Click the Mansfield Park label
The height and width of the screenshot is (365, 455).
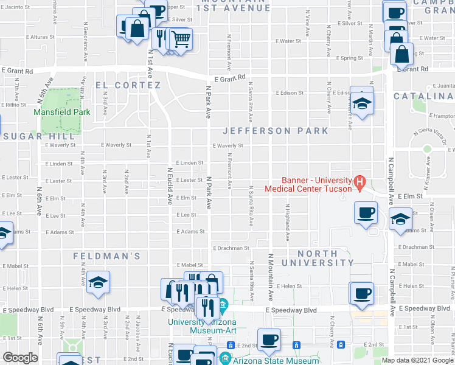coord(62,112)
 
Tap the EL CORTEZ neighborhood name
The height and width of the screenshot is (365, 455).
coord(128,85)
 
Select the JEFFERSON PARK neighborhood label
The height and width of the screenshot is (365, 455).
coord(275,131)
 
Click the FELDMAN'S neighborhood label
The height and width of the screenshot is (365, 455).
coord(107,256)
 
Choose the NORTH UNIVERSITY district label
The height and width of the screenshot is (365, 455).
coord(318,257)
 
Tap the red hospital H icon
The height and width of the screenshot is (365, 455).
coord(359,181)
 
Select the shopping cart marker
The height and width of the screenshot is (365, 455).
coord(181,40)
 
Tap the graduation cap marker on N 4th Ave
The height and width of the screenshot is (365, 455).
coord(97,282)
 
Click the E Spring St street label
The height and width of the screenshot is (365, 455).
coord(349,58)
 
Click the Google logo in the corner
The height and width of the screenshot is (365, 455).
coord(21,358)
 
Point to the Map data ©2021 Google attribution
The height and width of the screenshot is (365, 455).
coord(417,360)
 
